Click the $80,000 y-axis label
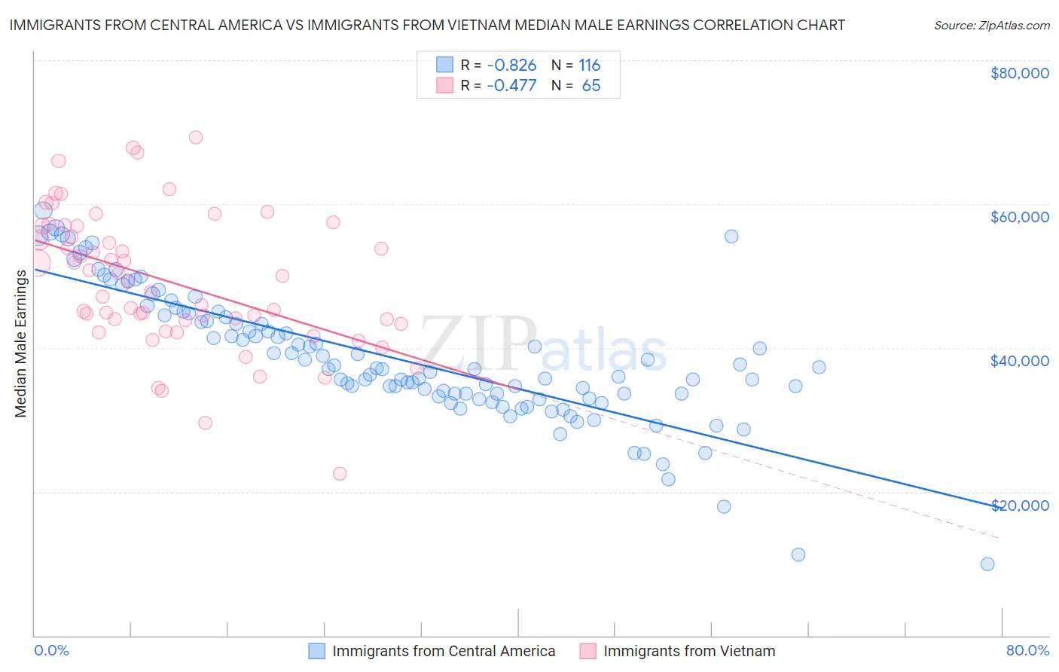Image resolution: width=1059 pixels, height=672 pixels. click(x=1019, y=73)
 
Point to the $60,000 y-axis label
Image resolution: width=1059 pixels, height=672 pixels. click(x=1019, y=217)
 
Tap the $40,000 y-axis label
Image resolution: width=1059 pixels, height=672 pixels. click(x=1019, y=361)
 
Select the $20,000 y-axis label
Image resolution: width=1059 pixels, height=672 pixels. click(x=1019, y=505)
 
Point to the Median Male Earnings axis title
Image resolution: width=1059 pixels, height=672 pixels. click(x=21, y=344)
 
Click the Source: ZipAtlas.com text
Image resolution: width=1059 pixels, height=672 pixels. click(x=991, y=26)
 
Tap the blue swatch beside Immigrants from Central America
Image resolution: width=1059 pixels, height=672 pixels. click(x=317, y=651)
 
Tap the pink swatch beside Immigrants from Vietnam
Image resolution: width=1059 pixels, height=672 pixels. click(x=587, y=651)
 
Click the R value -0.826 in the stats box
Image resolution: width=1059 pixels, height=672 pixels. click(x=511, y=66)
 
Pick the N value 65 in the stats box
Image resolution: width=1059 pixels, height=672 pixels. click(x=591, y=86)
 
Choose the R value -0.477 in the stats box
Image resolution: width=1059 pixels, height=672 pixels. click(x=511, y=86)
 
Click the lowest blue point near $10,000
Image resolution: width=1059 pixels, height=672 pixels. click(x=987, y=564)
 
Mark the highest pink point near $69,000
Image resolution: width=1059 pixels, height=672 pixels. click(x=196, y=137)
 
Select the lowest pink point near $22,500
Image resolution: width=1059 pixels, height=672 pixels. click(x=340, y=474)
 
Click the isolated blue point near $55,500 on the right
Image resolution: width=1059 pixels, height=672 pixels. click(x=731, y=237)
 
